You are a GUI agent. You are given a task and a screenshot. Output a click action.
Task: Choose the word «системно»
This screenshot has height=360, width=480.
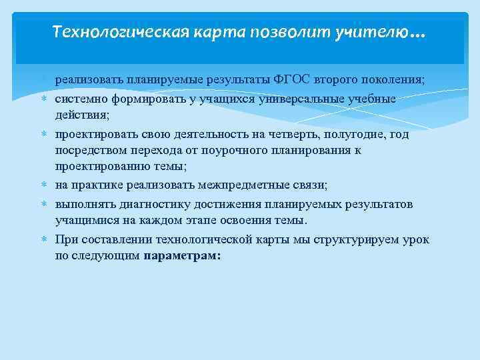(79, 99)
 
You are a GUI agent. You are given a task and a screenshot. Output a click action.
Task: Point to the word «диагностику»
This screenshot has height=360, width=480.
(151, 203)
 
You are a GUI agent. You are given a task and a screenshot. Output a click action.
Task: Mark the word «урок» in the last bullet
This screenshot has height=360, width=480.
(413, 238)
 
